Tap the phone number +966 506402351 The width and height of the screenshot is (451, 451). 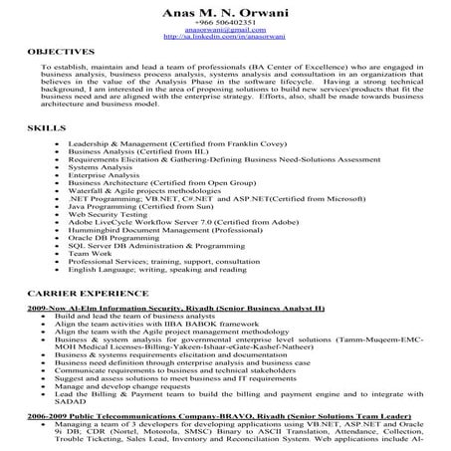coord(226,23)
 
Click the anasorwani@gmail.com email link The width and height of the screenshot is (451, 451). coord(226,31)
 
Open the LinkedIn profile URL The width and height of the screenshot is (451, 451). coord(226,38)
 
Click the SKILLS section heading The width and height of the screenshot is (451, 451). coord(44,129)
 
